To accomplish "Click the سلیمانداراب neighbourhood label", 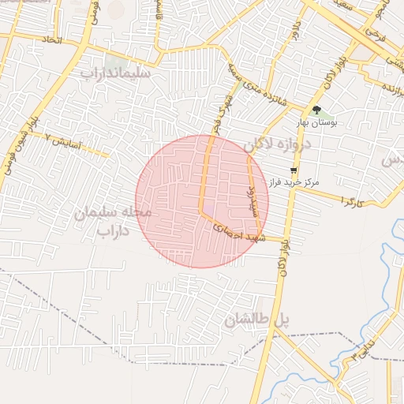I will pyautogui.click(x=115, y=72).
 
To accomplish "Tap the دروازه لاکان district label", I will pyautogui.click(x=277, y=144).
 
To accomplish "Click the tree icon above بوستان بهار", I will pyautogui.click(x=316, y=110).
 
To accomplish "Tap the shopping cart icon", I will pyautogui.click(x=294, y=170).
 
